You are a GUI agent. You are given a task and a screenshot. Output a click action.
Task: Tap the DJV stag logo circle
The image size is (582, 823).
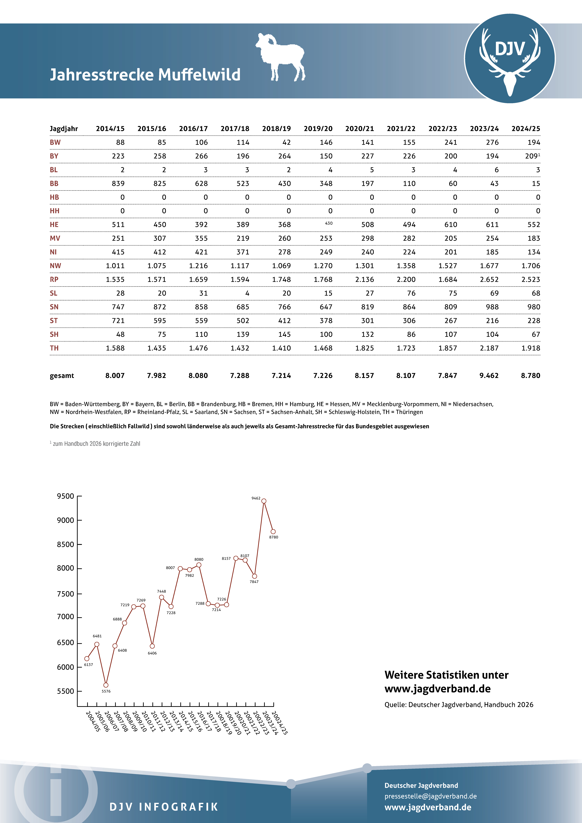pos(510,58)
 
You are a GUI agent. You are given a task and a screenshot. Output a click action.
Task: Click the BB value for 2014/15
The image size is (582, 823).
pos(118,184)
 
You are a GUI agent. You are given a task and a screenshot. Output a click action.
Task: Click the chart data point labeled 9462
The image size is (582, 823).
pos(264,501)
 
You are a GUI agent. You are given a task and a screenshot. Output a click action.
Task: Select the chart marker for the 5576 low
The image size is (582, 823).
pos(106,685)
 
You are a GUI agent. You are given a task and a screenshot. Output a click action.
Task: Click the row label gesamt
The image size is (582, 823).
pos(62,376)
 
